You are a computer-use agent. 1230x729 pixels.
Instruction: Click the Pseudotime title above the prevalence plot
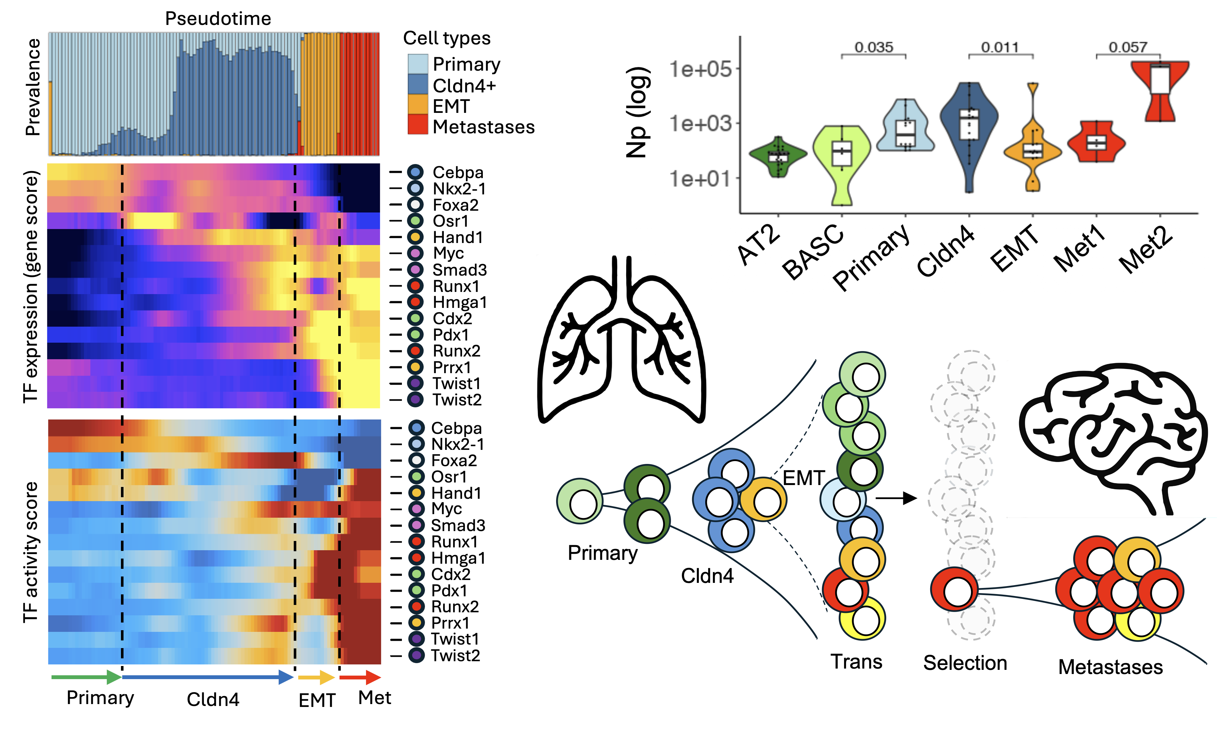coord(218,18)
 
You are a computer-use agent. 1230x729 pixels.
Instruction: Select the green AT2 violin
coord(778,156)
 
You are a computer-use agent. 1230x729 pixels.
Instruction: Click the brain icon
coord(1114,437)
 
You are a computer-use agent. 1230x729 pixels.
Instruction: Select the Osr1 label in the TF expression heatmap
coord(450,221)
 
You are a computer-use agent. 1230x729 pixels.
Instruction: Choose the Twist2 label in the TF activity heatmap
coord(455,655)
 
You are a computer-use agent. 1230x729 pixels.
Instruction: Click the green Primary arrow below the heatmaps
coord(86,678)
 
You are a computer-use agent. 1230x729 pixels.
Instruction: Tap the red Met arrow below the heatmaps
coord(360,678)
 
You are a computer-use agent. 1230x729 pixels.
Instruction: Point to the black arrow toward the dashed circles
coord(896,498)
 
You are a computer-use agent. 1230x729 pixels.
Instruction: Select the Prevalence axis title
coord(33,87)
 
